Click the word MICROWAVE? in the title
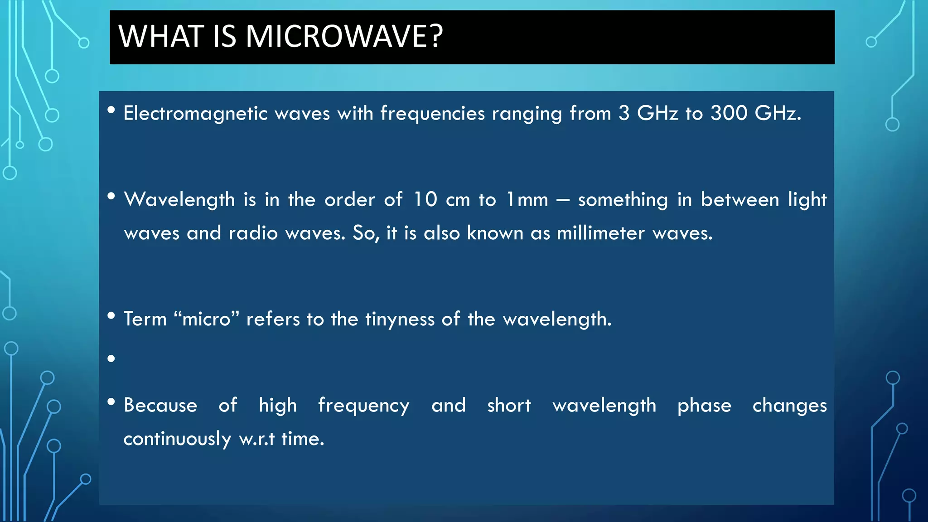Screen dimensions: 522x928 coord(344,36)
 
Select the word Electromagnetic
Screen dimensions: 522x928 coord(195,113)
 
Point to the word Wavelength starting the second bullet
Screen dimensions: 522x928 coord(179,200)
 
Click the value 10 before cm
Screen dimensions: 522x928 coord(425,199)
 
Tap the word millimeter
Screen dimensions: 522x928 coord(600,233)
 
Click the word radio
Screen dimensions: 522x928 coord(253,233)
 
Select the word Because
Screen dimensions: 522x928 coord(160,405)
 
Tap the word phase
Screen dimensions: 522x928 coord(704,406)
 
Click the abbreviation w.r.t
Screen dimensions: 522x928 coord(257,439)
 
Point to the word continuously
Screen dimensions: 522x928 coord(177,439)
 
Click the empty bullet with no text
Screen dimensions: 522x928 coord(111,359)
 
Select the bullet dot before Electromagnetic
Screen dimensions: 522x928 coord(111,110)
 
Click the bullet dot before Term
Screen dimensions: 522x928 coord(111,316)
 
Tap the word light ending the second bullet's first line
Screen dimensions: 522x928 coord(807,200)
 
